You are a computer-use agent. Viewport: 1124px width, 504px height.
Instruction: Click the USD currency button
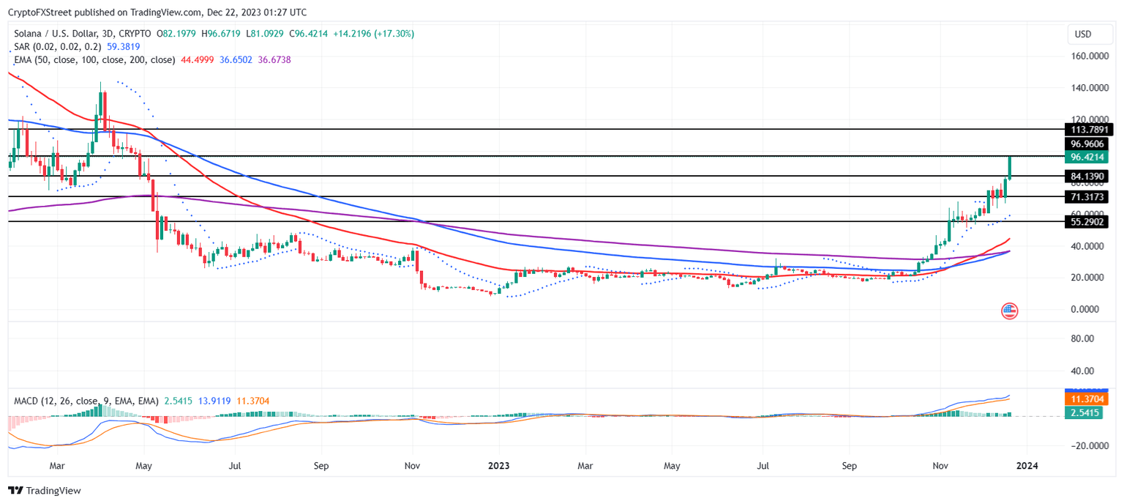point(1082,34)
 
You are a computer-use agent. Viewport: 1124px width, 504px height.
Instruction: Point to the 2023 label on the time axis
point(499,465)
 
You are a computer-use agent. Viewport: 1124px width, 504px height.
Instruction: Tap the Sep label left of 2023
point(321,465)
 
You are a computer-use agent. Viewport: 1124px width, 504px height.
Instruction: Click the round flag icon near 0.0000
point(1009,311)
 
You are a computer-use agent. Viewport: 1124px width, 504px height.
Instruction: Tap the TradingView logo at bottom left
point(45,491)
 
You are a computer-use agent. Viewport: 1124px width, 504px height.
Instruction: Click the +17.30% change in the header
point(393,34)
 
